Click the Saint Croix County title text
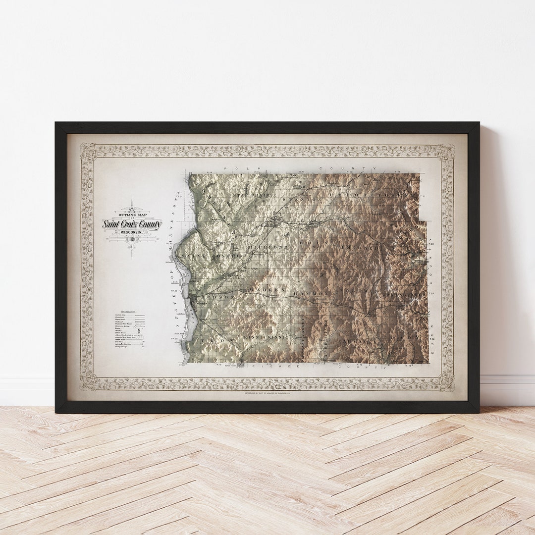coord(132,224)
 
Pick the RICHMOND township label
coord(268,246)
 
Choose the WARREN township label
coord(268,289)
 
